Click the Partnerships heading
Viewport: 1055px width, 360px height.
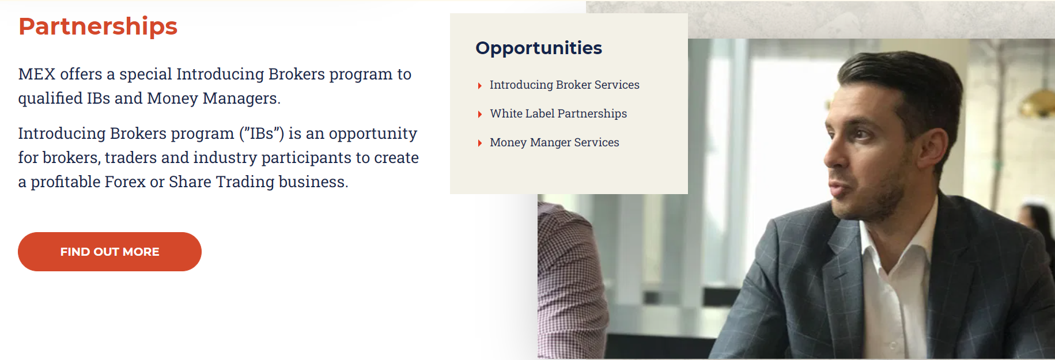point(98,26)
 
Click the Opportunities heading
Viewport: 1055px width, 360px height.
point(539,48)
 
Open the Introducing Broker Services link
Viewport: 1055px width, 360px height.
point(564,85)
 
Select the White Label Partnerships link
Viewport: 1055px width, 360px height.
point(558,113)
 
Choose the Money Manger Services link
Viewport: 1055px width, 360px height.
point(554,142)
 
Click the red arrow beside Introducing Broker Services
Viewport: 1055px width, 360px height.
point(479,86)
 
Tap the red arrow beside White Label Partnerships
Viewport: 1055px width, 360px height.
point(479,115)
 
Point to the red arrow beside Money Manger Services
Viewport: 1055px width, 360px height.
point(479,143)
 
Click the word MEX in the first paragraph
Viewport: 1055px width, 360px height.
point(37,74)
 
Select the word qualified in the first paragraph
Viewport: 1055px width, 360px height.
point(50,98)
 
